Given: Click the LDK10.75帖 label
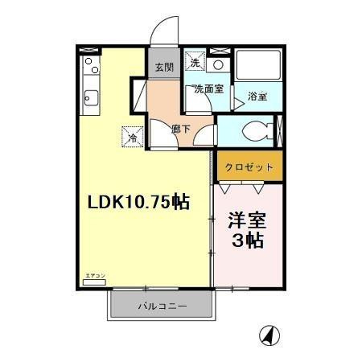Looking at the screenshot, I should [x=138, y=203].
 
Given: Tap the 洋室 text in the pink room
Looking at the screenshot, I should [x=247, y=220].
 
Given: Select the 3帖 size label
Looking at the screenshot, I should [x=247, y=241].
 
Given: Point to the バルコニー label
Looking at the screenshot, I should [x=162, y=306].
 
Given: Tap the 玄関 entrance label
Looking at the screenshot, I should [x=163, y=67].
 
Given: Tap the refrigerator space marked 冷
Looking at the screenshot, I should [x=132, y=138].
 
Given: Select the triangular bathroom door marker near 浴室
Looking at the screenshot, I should [x=237, y=101].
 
